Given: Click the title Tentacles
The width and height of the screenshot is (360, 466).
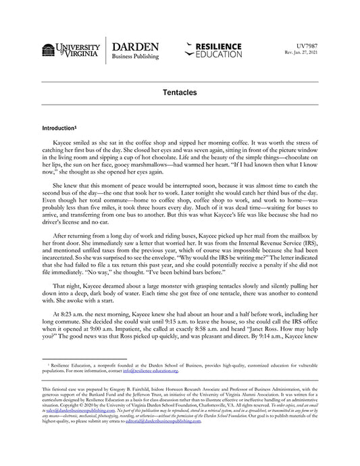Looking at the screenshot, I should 180,90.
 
